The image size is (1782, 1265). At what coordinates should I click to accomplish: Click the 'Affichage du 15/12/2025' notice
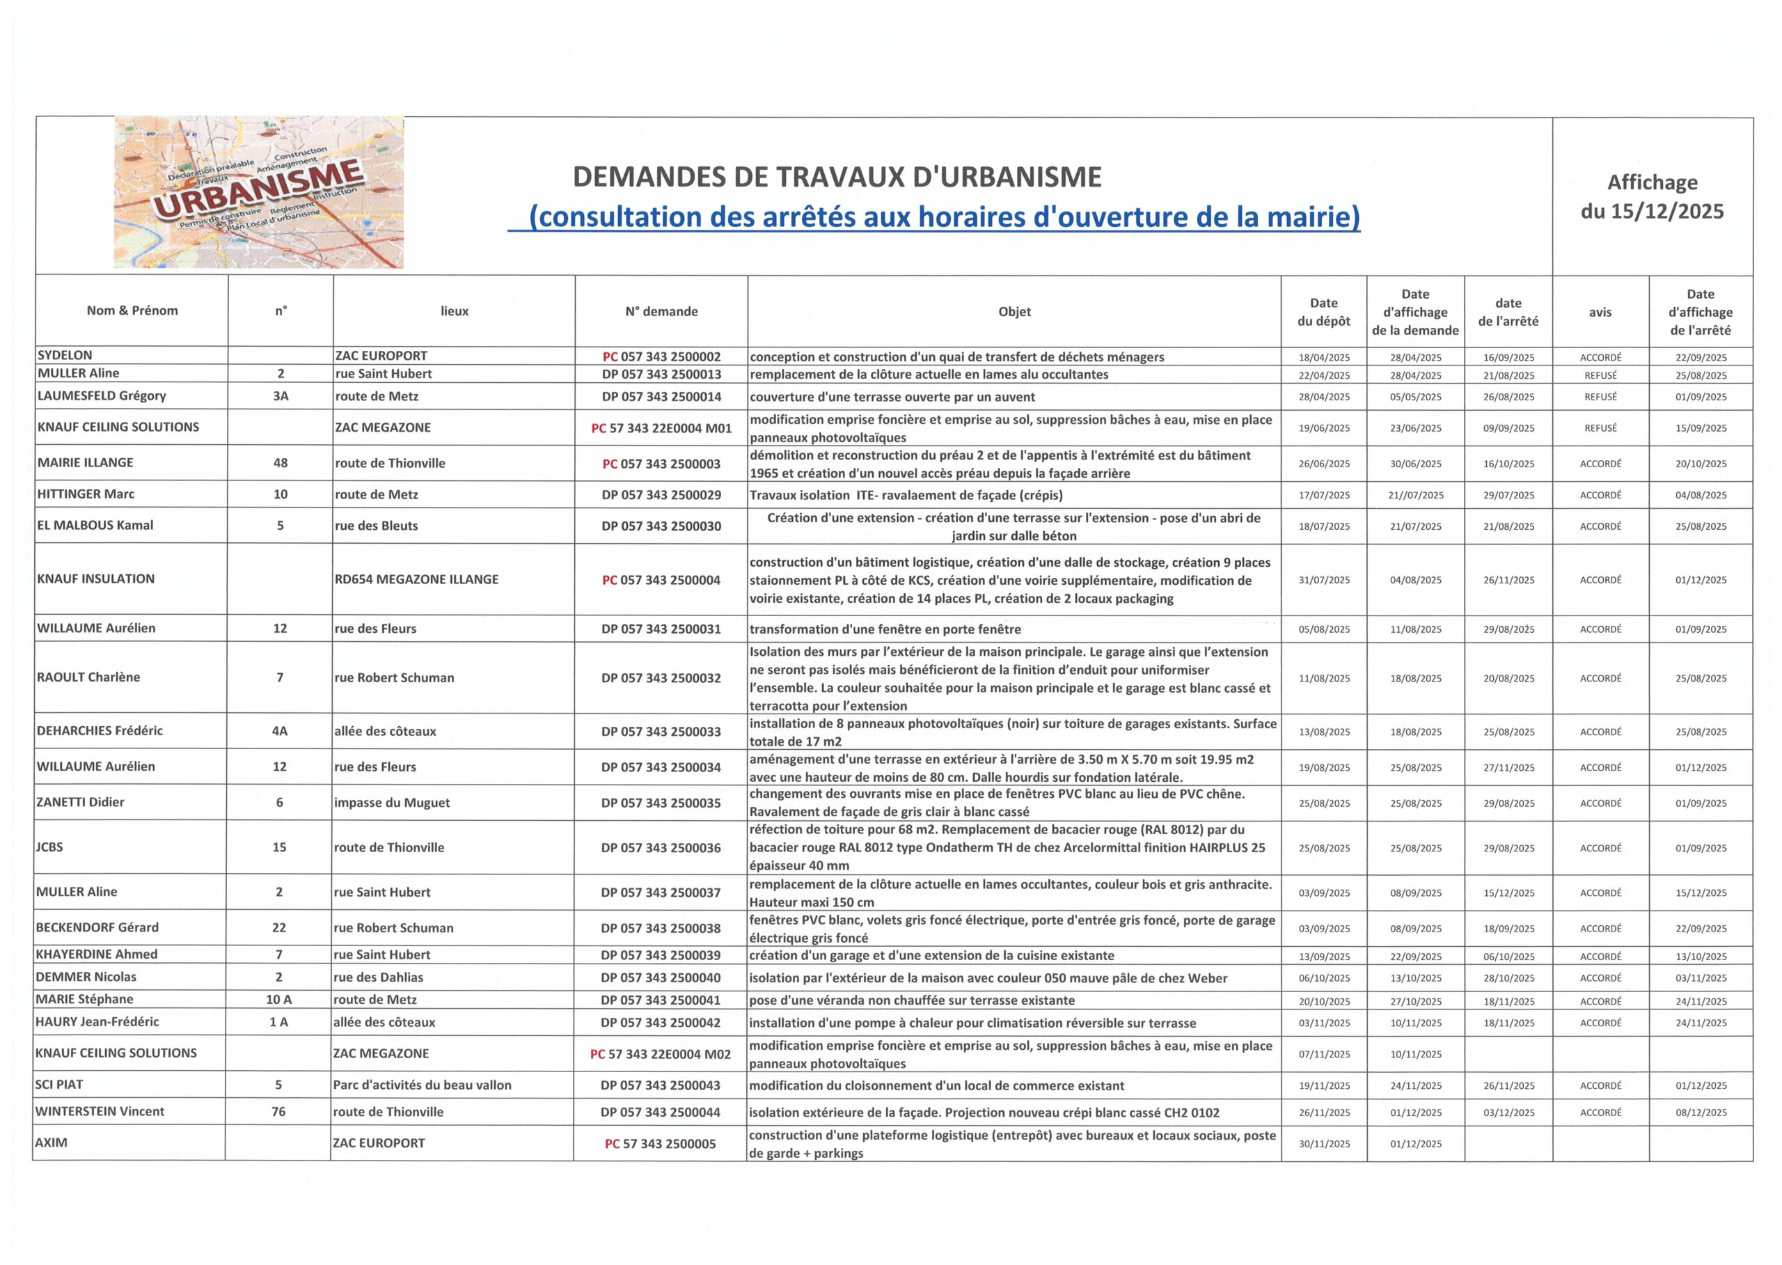pyautogui.click(x=1652, y=196)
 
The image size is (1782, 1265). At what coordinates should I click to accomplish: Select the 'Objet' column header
pyautogui.click(x=1014, y=312)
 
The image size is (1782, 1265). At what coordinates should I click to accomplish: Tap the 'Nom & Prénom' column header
pyautogui.click(x=132, y=311)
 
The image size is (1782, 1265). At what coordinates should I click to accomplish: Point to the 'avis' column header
pyautogui.click(x=1600, y=313)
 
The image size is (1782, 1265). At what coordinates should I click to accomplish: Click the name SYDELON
pyautogui.click(x=65, y=355)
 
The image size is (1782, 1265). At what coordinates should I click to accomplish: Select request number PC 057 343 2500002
pyautogui.click(x=661, y=356)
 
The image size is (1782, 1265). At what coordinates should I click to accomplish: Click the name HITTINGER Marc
pyautogui.click(x=86, y=494)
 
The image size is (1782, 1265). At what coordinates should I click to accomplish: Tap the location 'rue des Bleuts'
pyautogui.click(x=376, y=526)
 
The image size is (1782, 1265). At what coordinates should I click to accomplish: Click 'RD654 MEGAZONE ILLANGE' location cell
pyautogui.click(x=417, y=579)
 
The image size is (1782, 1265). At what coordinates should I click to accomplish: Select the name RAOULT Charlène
pyautogui.click(x=89, y=677)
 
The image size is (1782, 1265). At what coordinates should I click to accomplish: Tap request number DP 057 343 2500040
pyautogui.click(x=661, y=977)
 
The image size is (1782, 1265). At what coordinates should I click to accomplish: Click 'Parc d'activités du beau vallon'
pyautogui.click(x=422, y=1085)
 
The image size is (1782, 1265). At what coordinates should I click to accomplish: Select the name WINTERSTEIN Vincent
pyautogui.click(x=100, y=1112)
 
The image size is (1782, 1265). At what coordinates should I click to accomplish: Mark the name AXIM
pyautogui.click(x=52, y=1142)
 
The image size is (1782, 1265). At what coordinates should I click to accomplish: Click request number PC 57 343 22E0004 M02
pyautogui.click(x=661, y=1054)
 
